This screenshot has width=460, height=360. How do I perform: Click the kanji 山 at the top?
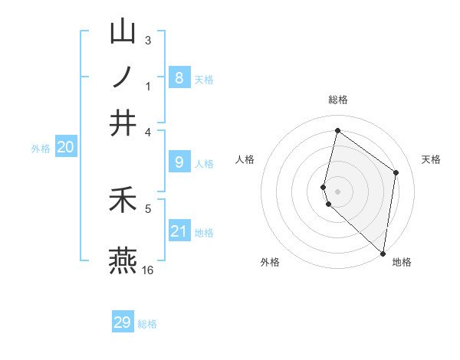click(123, 32)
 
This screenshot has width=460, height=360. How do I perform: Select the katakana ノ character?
click(123, 77)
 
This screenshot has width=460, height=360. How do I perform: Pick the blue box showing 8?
click(179, 77)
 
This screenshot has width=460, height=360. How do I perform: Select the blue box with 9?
click(179, 162)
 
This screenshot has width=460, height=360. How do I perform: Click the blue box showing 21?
click(179, 231)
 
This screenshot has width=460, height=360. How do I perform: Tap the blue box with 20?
click(65, 148)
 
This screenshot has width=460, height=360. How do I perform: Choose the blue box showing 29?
click(123, 322)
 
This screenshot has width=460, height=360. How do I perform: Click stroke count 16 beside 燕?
click(148, 270)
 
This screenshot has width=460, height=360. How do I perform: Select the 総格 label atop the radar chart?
click(337, 100)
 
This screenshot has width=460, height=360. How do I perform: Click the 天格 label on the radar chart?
click(431, 159)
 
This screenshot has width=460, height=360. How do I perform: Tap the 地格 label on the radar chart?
click(402, 262)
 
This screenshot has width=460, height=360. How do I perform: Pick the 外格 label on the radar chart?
click(270, 262)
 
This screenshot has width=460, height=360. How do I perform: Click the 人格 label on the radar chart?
click(245, 159)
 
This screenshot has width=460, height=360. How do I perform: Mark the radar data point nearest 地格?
click(383, 253)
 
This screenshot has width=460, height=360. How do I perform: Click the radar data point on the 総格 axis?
click(337, 130)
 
